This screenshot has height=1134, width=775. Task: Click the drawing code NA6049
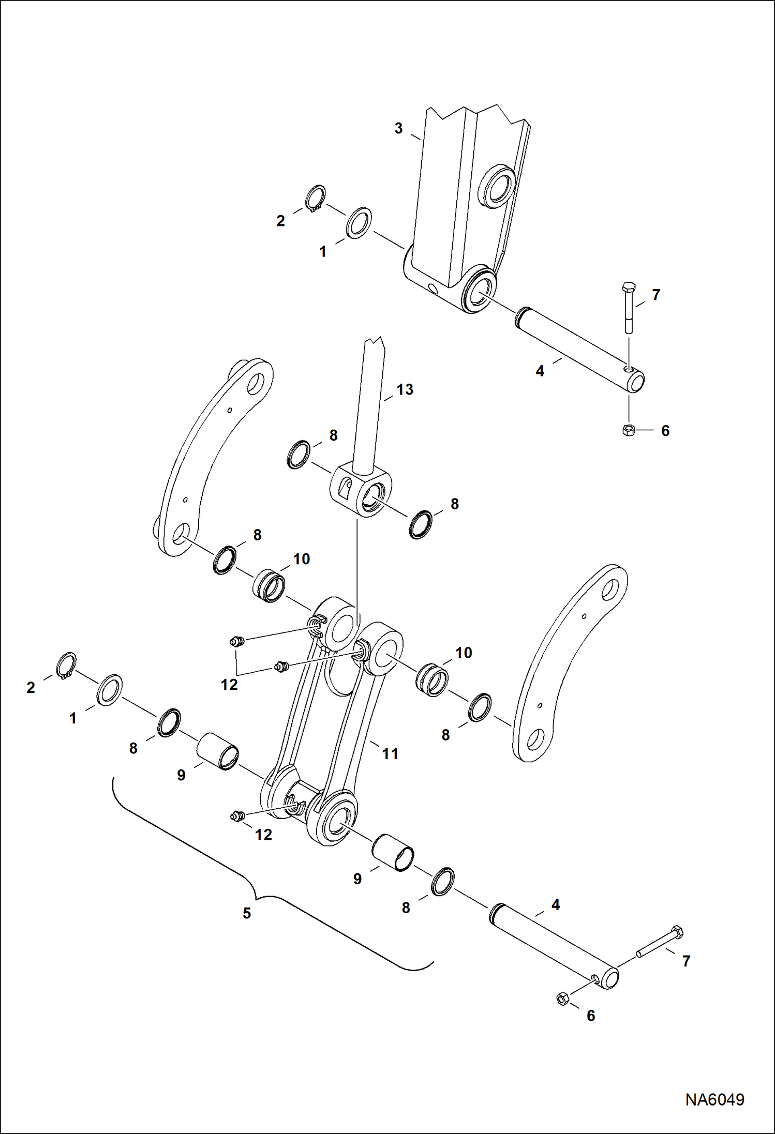(714, 1099)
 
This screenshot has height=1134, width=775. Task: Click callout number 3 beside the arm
(398, 128)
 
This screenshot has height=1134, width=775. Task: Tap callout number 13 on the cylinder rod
(405, 390)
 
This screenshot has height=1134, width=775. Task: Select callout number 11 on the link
(390, 754)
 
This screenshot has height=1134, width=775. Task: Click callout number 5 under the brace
(247, 913)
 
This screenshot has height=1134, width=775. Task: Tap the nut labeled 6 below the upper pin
(629, 430)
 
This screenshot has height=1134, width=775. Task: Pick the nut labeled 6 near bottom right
(563, 999)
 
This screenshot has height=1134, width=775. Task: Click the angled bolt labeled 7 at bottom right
(660, 944)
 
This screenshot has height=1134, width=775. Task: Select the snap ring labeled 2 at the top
(315, 199)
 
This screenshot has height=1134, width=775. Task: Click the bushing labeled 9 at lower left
(218, 751)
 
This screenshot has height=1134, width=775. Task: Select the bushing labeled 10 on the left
(269, 585)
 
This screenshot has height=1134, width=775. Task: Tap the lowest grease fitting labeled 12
(237, 816)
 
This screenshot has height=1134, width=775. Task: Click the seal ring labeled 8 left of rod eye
(299, 455)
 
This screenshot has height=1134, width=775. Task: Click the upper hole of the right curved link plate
(610, 588)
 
